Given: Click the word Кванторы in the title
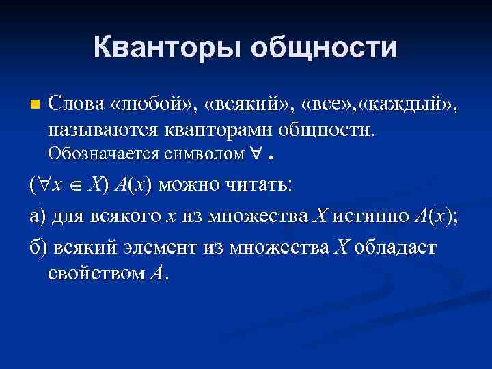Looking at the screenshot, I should (x=167, y=48).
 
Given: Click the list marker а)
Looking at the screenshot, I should (x=38, y=216).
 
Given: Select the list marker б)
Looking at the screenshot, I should (x=38, y=246).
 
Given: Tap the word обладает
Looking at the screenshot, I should (x=397, y=246).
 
